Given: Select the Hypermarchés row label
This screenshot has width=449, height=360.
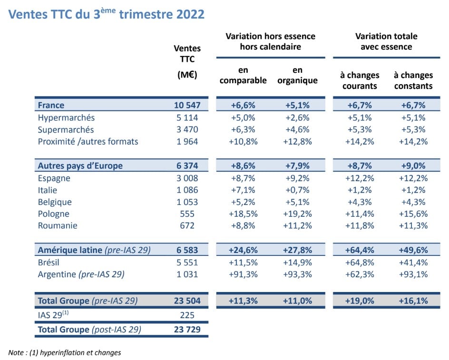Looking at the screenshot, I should coord(66,117).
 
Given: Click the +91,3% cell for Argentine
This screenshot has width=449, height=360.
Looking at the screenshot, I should coord(243,274).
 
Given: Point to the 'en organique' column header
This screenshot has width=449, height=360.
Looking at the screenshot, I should coord(298,75).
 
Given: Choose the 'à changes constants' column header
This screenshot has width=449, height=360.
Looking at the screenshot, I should coord(413,80).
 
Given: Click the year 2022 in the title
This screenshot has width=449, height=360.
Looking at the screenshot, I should coord(188,14).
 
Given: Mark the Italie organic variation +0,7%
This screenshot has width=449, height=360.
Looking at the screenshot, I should coord(298,190).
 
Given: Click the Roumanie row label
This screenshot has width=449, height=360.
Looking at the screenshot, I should coord(57,225).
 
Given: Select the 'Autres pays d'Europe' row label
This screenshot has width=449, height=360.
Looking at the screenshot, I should coord(80,166).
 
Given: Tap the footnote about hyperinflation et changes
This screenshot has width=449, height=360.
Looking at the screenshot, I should coord(65,352).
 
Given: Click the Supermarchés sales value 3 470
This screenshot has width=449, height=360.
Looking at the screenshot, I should coord(187,129).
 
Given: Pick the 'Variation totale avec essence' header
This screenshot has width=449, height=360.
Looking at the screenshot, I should coord(386,41).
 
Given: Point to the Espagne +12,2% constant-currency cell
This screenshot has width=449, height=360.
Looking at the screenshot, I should coord(413,178).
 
